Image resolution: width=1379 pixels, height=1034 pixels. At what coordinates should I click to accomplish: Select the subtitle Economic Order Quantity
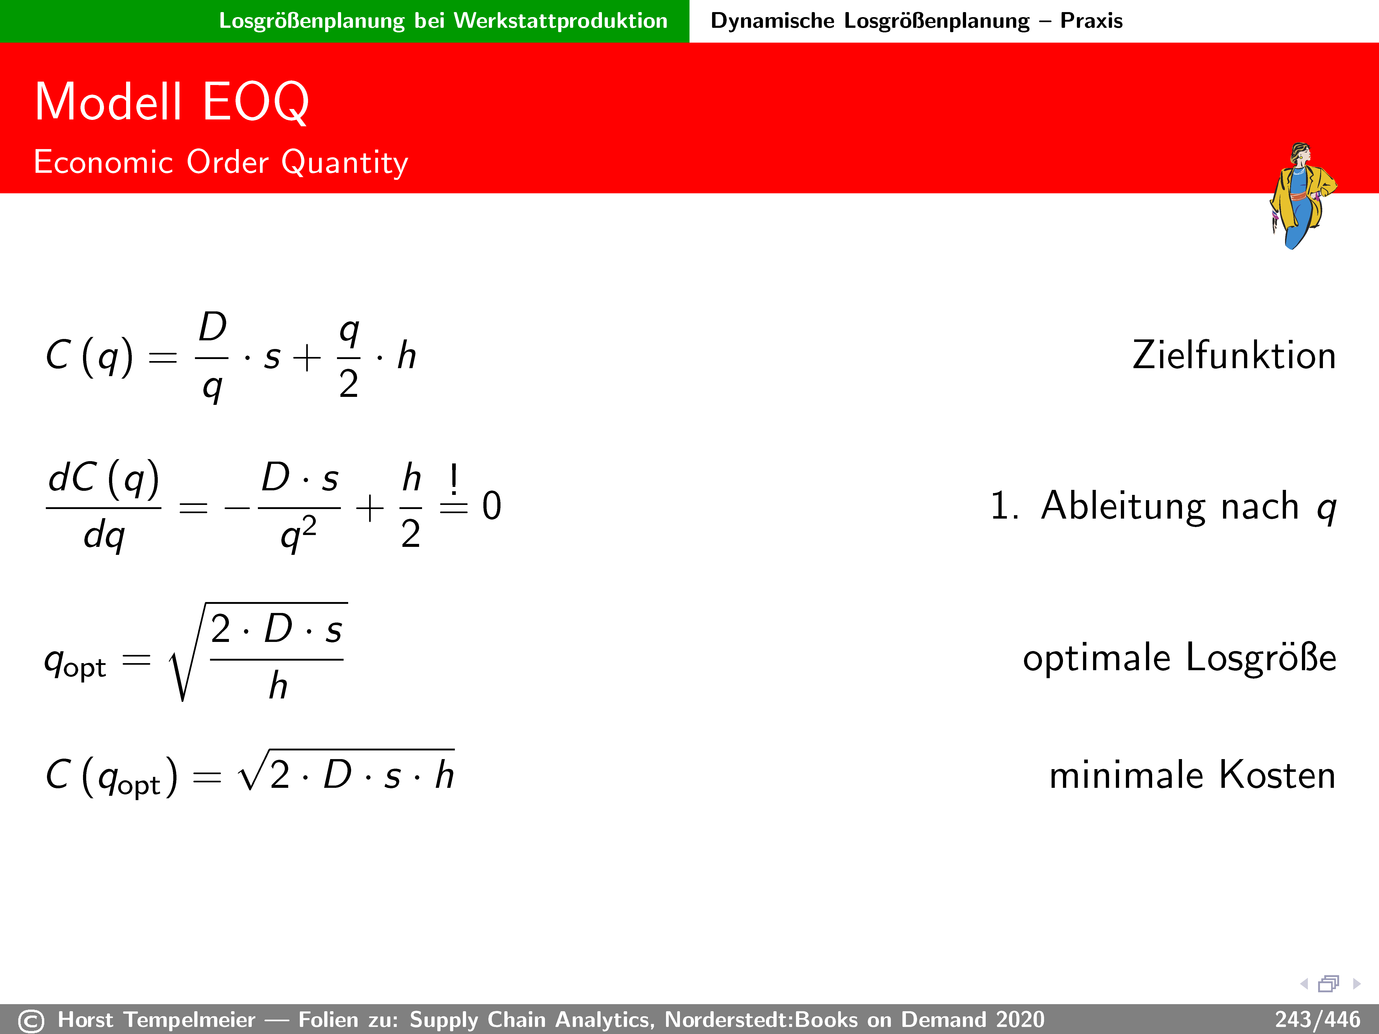(x=221, y=163)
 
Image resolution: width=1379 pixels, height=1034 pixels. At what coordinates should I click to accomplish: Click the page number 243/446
(x=1317, y=1020)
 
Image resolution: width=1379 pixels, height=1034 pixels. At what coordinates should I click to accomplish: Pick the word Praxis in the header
(x=1092, y=21)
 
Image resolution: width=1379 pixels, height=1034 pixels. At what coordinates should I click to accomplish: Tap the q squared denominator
(x=299, y=535)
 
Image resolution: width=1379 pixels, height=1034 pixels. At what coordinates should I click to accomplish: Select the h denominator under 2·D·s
(x=278, y=686)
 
